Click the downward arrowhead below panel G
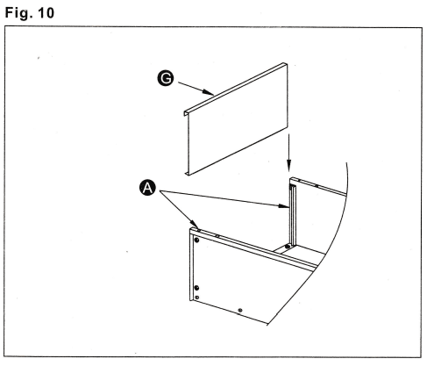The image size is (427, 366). pyautogui.click(x=289, y=172)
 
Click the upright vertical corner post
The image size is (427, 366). pyautogui.click(x=293, y=215)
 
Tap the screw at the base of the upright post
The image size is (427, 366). pyautogui.click(x=286, y=248)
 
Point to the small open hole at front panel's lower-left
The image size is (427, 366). pyautogui.click(x=198, y=298)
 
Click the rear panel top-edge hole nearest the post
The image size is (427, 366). pyautogui.click(x=303, y=184)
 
